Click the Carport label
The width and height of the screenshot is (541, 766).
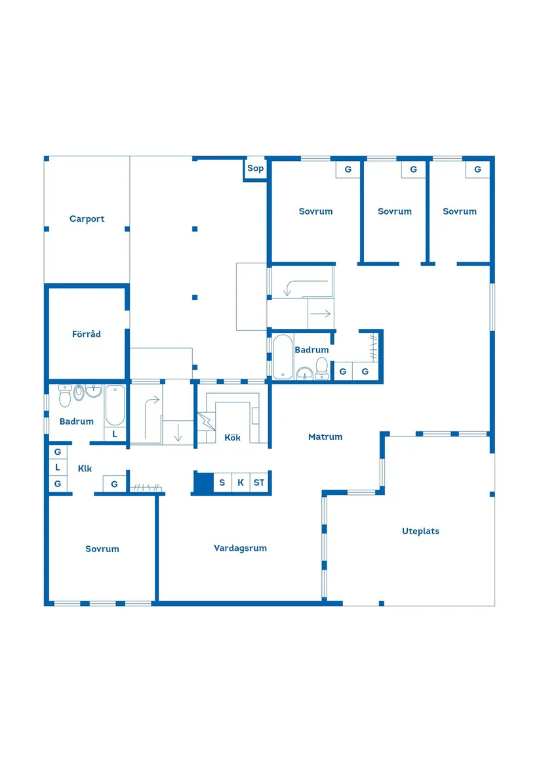87,219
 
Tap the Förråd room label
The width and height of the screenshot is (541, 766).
87,334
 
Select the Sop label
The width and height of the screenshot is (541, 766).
255,169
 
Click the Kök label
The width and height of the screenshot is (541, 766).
232,437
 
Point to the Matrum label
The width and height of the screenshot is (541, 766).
325,436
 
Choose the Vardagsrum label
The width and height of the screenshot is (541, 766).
240,548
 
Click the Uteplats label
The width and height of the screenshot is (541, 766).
420,531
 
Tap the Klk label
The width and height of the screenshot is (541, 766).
85,469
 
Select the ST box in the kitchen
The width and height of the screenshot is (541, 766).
259,482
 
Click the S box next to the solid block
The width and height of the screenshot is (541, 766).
222,482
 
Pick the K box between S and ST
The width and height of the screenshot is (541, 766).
241,482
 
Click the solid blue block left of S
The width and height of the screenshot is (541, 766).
203,482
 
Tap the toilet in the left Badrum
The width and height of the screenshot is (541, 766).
65,396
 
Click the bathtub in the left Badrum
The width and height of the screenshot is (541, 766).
115,406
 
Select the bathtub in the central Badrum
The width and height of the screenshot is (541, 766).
283,357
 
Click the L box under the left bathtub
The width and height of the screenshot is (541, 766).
115,434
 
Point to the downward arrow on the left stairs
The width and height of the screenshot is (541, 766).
178,433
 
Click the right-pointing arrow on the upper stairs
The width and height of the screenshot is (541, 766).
321,314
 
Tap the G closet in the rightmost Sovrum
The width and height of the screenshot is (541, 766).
477,169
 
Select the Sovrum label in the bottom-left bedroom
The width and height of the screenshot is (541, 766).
102,549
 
